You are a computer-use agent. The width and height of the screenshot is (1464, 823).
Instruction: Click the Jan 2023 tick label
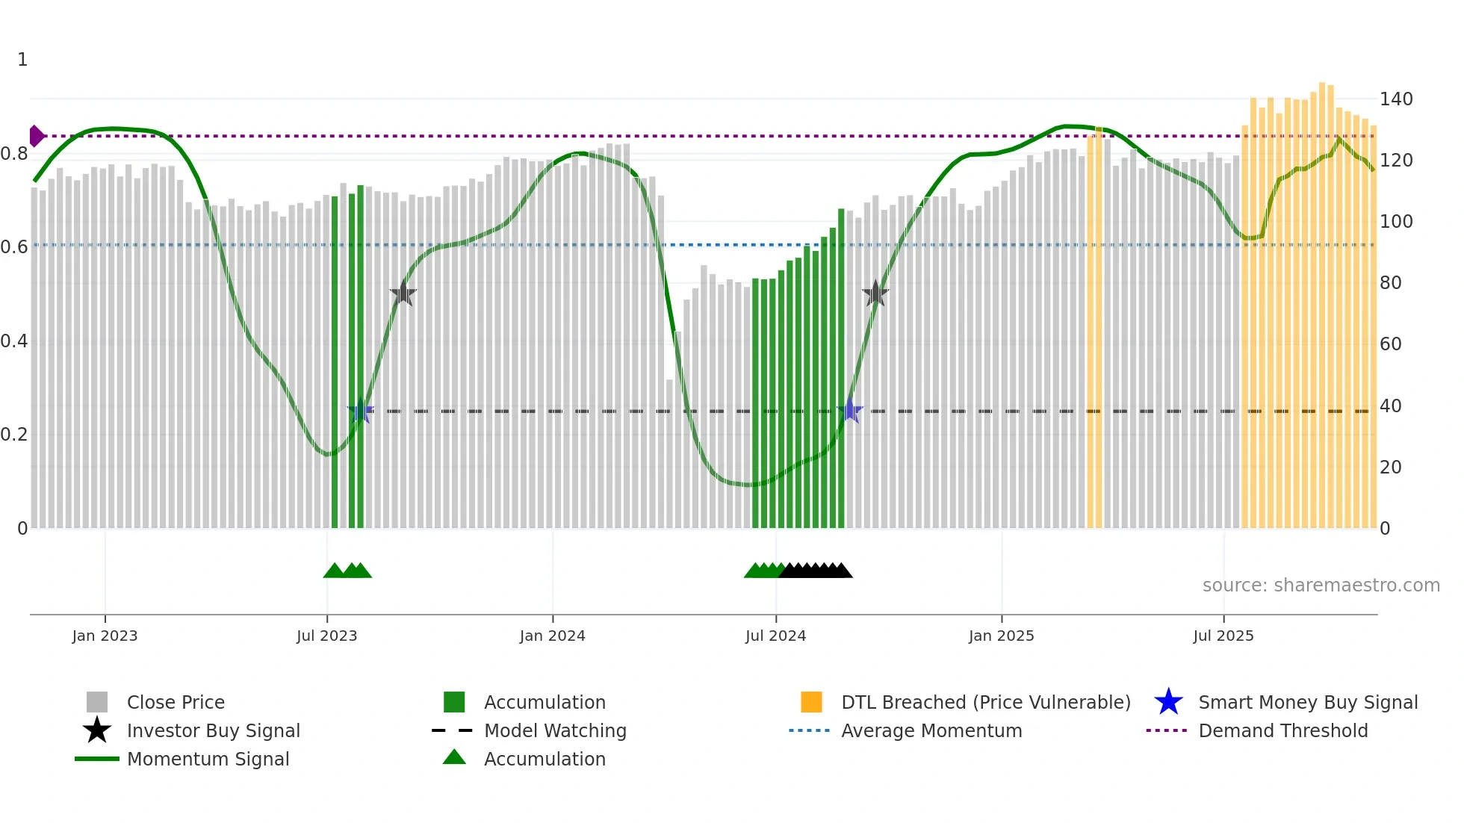coord(105,636)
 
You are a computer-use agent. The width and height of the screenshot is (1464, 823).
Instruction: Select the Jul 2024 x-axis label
coord(775,636)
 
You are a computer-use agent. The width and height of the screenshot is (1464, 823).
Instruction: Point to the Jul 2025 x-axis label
coord(1223,636)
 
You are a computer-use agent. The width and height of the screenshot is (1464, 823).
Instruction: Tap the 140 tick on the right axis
coord(1395,99)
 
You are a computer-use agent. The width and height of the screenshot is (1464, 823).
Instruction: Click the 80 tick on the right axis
coord(1390,283)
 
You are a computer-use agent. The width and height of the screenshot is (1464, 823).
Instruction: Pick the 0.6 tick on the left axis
coord(14,247)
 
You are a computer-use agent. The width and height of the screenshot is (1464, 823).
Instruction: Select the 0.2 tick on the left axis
coord(14,435)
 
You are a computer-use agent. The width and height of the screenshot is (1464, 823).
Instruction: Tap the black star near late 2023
coord(403,294)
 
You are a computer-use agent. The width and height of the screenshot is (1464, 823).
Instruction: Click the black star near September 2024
coord(875,294)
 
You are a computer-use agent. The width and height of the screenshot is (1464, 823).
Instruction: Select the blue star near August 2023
coord(361,411)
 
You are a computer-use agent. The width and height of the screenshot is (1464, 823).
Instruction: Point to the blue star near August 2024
coord(849,411)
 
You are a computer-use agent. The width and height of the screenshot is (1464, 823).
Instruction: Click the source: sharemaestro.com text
coord(1321,586)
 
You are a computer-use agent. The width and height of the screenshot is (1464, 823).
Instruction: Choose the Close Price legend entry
coord(176,702)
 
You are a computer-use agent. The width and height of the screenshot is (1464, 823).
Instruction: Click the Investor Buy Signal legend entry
coord(213,730)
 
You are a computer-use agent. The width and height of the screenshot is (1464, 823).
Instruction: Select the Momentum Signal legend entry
coord(208,759)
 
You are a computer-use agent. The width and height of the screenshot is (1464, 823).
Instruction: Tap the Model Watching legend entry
coord(555,730)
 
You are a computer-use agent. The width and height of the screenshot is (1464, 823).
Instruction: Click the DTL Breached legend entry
coord(985,702)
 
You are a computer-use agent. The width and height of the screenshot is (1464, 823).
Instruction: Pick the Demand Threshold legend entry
coord(1282,730)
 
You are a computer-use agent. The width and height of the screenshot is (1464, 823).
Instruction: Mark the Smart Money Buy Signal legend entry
coord(1307,702)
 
